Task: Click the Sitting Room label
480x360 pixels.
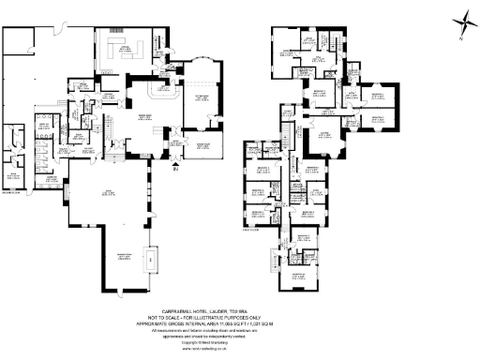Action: click(x=201, y=97)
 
